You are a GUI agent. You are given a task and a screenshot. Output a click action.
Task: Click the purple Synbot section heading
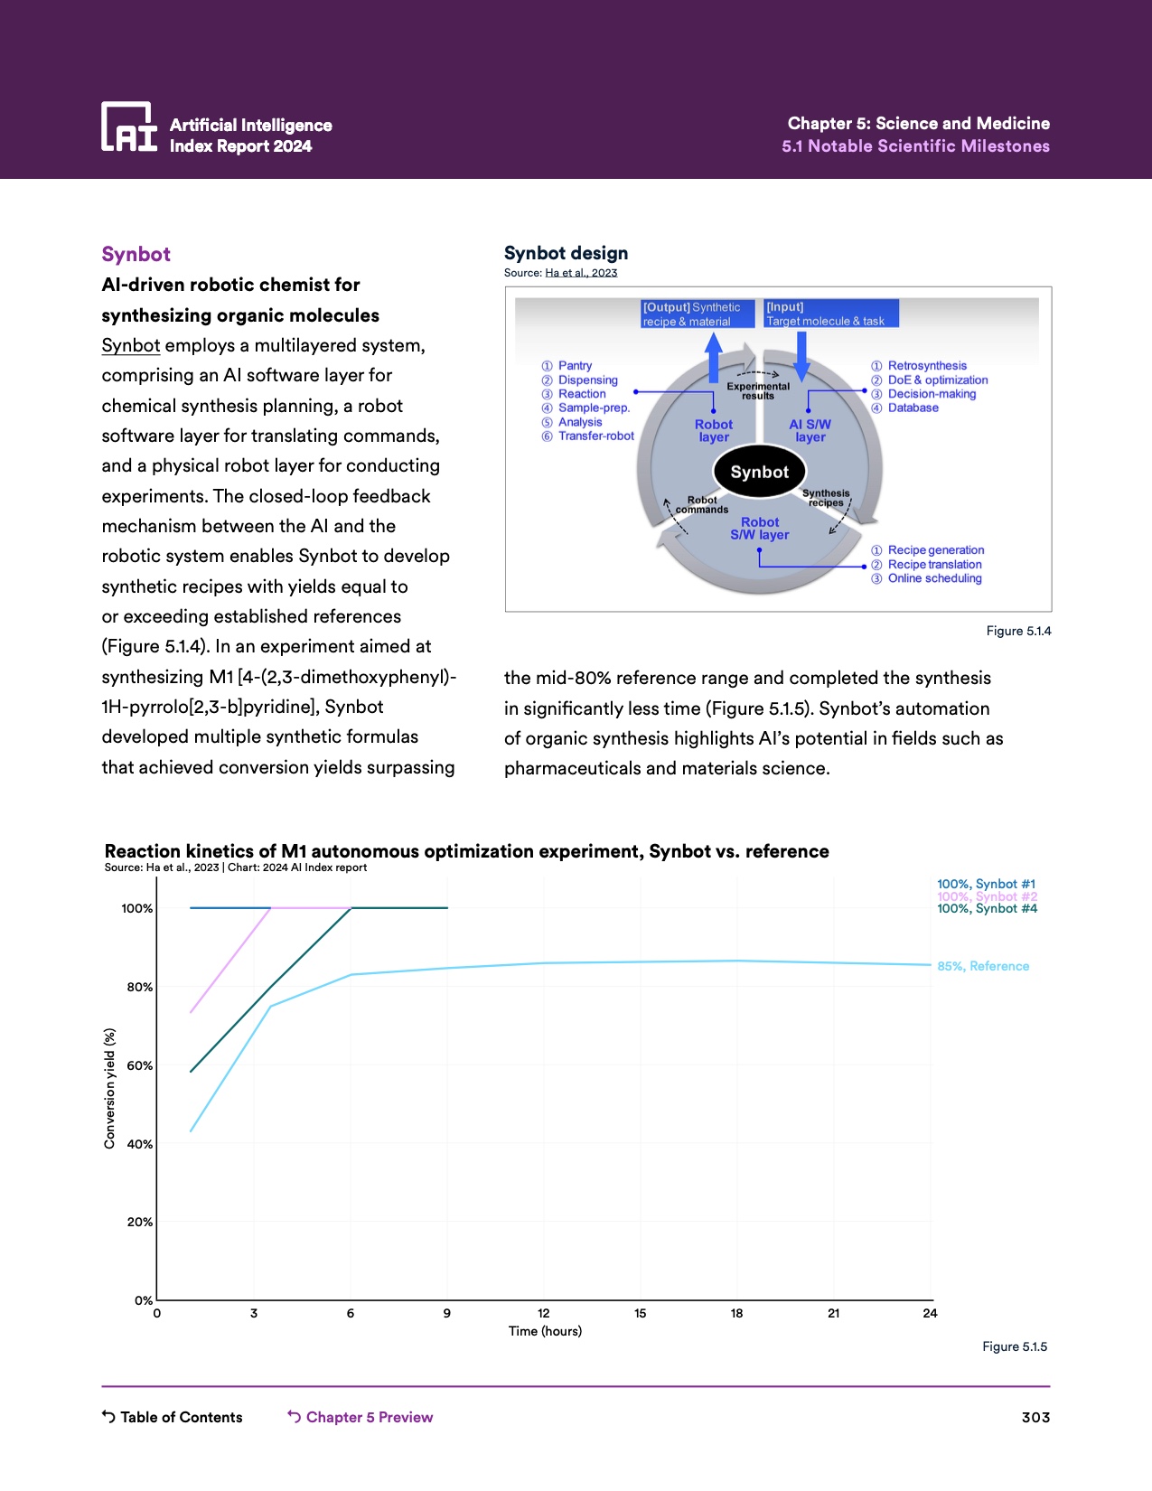pos(136,254)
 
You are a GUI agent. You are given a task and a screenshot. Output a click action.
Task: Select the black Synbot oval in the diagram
pos(759,472)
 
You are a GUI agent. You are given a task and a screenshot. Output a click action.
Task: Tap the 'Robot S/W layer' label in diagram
pos(760,529)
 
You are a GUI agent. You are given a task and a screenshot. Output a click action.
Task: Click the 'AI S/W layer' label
pos(810,431)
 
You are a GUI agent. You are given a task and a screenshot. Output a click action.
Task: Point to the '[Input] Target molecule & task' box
pos(830,314)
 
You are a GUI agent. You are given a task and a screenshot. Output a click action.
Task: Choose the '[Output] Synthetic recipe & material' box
pos(697,314)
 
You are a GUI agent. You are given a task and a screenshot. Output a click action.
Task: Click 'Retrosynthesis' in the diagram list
pos(927,366)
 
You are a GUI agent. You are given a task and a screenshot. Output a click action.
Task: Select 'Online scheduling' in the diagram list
pos(934,578)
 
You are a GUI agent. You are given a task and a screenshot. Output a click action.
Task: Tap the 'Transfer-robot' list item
pos(595,436)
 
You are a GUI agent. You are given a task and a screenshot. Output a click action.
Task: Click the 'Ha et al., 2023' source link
pos(581,273)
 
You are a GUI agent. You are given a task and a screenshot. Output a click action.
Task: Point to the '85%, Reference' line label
pos(983,966)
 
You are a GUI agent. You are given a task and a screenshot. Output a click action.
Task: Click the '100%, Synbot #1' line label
pos(986,884)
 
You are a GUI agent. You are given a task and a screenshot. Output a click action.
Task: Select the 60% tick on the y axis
pos(140,1065)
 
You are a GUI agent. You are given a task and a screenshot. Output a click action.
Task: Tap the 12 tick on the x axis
pos(544,1313)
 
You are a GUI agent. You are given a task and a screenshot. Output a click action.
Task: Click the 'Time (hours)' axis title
pos(545,1331)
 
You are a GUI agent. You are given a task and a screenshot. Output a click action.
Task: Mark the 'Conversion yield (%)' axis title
pos(110,1088)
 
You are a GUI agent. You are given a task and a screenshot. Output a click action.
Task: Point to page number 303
pos(1035,1417)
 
